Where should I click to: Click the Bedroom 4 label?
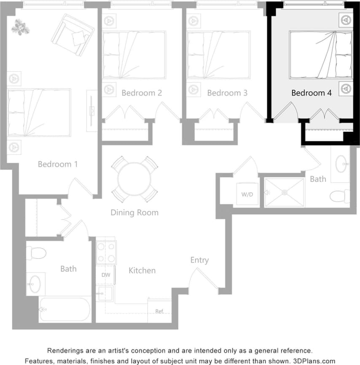[x=312, y=93]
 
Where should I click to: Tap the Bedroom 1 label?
[x=58, y=164]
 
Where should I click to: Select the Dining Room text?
[x=134, y=212]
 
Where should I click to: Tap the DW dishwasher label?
[x=105, y=275]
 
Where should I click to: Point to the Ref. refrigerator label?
[x=159, y=312]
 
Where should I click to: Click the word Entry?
[x=199, y=260]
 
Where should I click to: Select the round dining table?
[x=134, y=179]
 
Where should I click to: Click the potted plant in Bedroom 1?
[x=20, y=27]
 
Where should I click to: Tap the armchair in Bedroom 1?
[x=73, y=35]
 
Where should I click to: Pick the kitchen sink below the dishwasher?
[x=105, y=293]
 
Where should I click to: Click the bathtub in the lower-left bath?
[x=65, y=309]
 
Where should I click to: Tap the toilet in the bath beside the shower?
[x=340, y=196]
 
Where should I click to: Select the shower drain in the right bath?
[x=285, y=193]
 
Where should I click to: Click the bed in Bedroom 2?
[x=134, y=55]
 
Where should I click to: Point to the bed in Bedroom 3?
[x=218, y=55]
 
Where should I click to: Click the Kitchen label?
[x=142, y=270]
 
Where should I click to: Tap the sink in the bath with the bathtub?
[x=36, y=283]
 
